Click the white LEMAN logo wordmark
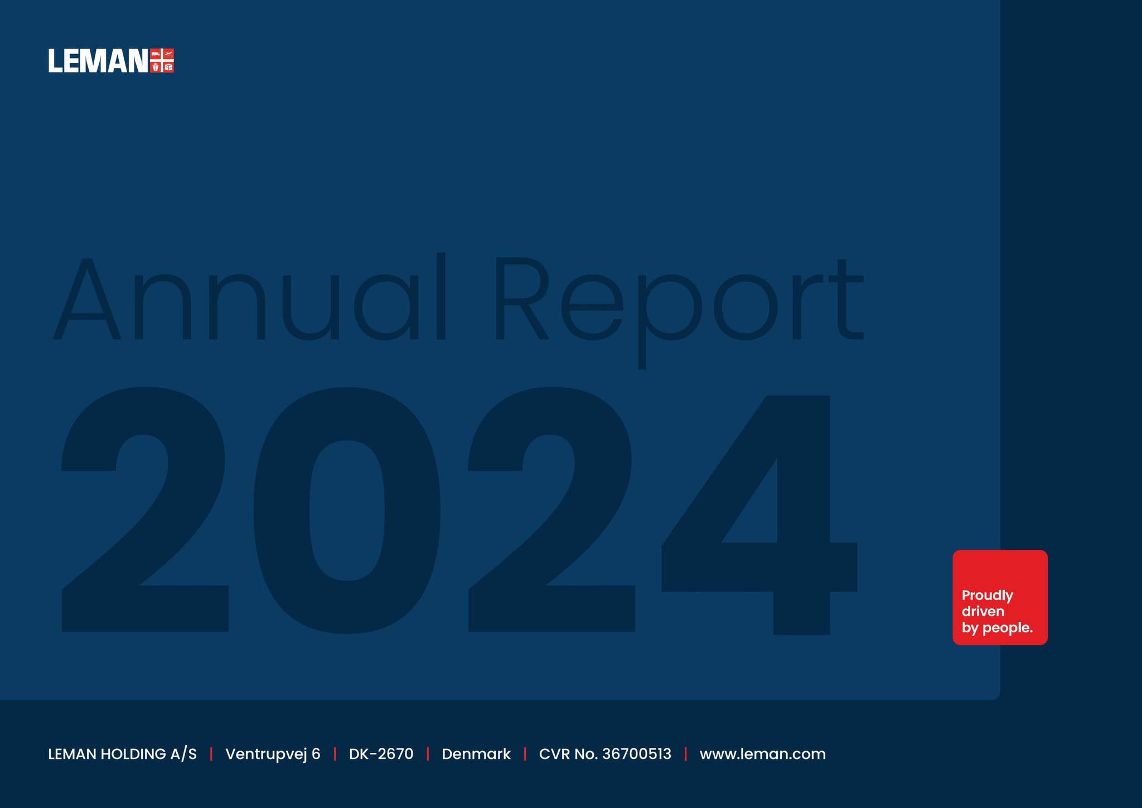tap(98, 61)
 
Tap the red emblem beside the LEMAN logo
tap(162, 61)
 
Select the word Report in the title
tap(679, 311)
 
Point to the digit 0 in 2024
tap(347, 510)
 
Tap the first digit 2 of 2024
tap(144, 509)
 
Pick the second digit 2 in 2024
tap(551, 509)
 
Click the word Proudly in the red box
tap(987, 596)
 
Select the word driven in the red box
tap(983, 611)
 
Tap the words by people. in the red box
tap(997, 628)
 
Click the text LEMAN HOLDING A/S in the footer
tap(122, 754)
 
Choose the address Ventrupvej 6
tap(273, 754)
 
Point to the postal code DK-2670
tap(381, 754)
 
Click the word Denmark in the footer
tap(476, 754)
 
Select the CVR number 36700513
tap(637, 754)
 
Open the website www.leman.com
tap(763, 754)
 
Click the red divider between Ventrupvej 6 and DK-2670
tap(335, 754)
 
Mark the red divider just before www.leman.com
tap(685, 754)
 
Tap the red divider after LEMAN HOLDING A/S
tap(211, 754)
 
